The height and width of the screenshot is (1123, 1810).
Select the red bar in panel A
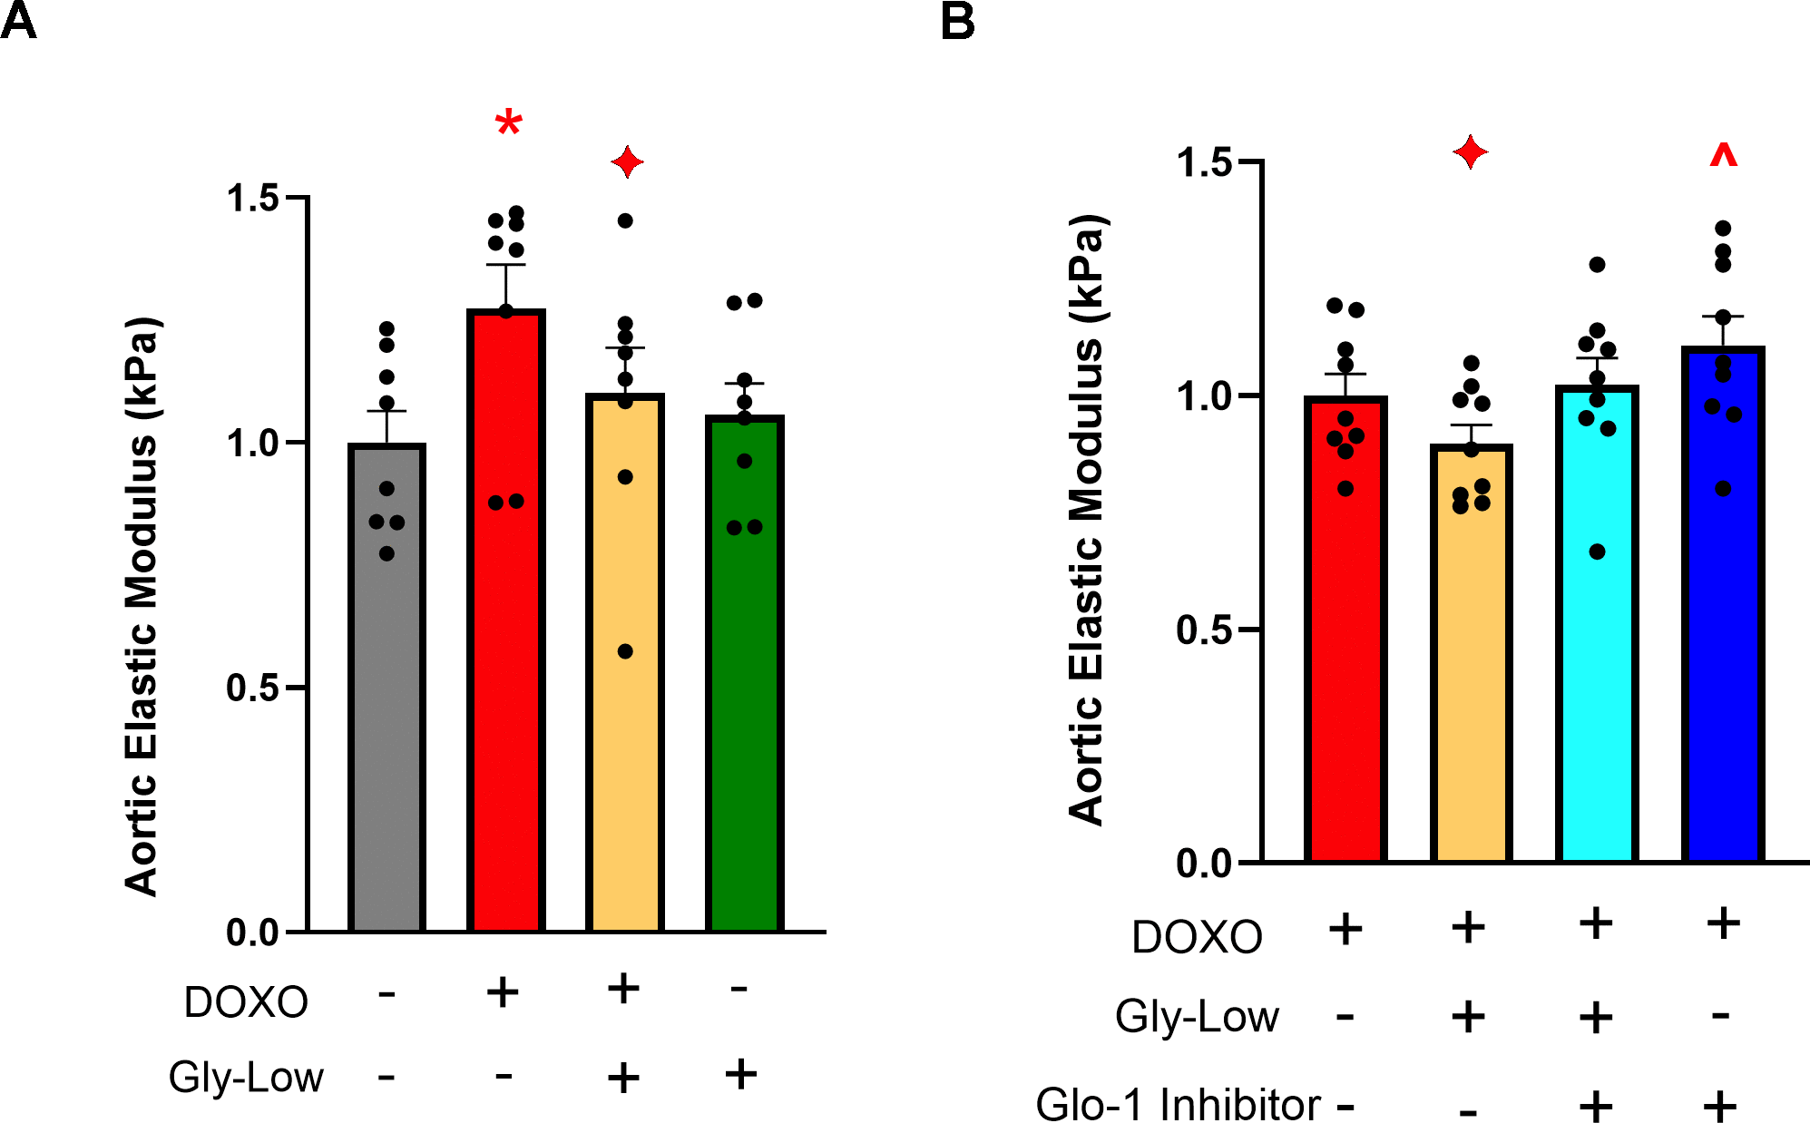click(x=506, y=635)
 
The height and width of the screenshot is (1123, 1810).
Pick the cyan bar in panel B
click(x=1597, y=635)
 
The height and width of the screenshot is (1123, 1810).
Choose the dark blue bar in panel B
click(x=1723, y=617)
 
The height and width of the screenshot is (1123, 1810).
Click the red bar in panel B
click(x=1345, y=635)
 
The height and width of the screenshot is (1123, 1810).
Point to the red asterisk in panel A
click(x=509, y=122)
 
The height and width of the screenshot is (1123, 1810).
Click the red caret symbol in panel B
click(x=1723, y=156)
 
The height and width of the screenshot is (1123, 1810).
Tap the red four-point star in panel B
click(x=1471, y=151)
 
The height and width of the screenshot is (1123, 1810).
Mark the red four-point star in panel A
click(x=627, y=163)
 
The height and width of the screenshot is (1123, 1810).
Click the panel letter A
click(x=18, y=21)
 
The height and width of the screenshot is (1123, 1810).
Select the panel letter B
click(x=958, y=21)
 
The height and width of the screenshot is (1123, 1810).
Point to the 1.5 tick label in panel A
click(x=252, y=198)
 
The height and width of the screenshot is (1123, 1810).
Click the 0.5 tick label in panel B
click(x=1203, y=630)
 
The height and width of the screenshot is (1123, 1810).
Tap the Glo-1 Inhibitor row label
click(x=1178, y=1105)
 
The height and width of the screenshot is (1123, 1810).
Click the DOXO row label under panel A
click(x=246, y=1002)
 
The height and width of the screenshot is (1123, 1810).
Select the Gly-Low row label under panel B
click(x=1197, y=1016)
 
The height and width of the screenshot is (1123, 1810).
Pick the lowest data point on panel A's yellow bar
click(x=625, y=651)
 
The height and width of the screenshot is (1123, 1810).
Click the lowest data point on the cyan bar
click(x=1598, y=552)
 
